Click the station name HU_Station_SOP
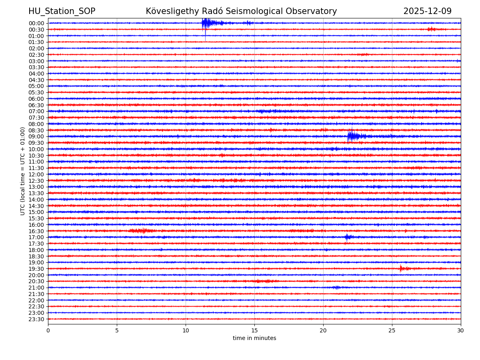click(x=62, y=11)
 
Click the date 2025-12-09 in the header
click(x=427, y=11)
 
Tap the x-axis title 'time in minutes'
click(x=254, y=338)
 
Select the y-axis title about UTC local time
click(x=23, y=171)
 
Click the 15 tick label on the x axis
click(x=254, y=331)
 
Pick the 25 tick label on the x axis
click(x=392, y=331)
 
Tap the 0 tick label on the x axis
click(x=48, y=331)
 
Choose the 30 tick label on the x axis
click(x=461, y=331)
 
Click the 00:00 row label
click(x=36, y=23)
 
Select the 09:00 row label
click(x=36, y=136)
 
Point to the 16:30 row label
click(x=36, y=231)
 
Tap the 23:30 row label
click(x=36, y=319)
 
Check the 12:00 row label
click(x=36, y=174)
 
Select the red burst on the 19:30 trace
click(x=402, y=268)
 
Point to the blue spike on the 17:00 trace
click(x=347, y=237)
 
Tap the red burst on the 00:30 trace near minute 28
click(x=431, y=29)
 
